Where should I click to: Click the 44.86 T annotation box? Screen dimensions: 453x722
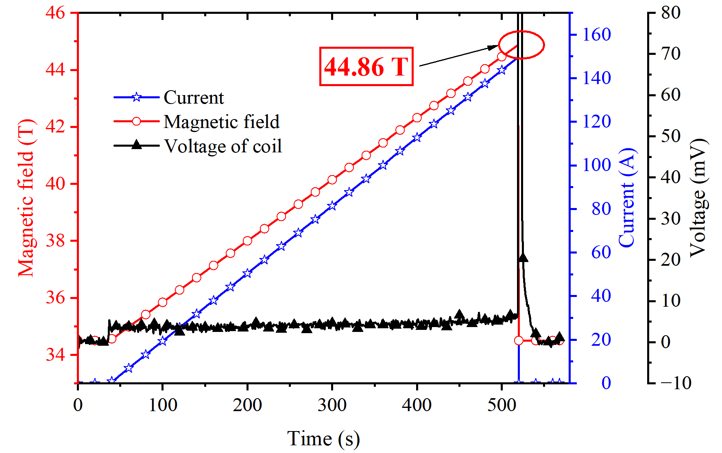366,67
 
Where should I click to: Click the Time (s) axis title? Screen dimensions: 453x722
323,439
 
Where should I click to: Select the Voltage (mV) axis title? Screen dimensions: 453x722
698,198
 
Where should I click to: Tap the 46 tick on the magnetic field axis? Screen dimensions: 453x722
55,13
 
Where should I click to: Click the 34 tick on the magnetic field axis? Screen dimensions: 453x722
55,355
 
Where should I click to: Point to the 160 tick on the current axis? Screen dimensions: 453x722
596,35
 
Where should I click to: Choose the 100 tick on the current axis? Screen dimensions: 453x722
596,165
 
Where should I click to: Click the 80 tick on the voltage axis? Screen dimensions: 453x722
671,13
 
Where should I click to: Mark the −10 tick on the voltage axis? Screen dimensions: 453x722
675,383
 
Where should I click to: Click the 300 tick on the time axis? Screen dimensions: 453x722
332,405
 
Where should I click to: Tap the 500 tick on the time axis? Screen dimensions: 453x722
502,405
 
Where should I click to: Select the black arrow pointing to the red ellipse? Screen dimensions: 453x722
460,55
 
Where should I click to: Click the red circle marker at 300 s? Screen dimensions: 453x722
332,180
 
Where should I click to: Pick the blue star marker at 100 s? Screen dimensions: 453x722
163,341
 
